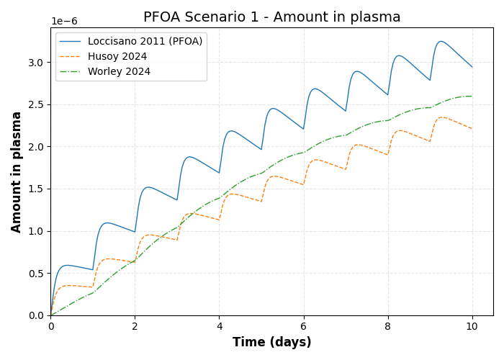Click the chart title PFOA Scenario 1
(x=271, y=17)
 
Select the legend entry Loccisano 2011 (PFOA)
(x=145, y=42)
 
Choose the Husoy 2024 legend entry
(x=117, y=57)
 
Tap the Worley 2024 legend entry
(x=119, y=72)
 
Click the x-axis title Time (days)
(x=271, y=343)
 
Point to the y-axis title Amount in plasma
(x=17, y=171)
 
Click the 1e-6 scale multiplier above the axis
(x=64, y=22)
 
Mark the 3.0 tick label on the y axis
(x=35, y=63)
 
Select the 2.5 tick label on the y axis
(x=35, y=105)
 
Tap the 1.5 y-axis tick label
(x=35, y=189)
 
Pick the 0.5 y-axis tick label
(x=35, y=274)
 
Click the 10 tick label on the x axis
(x=472, y=326)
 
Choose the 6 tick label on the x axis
(x=304, y=326)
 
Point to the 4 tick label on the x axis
(x=220, y=326)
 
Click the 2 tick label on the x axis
(x=135, y=326)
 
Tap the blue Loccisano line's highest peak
(x=441, y=41)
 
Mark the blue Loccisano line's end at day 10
(x=472, y=67)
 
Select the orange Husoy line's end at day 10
(x=472, y=129)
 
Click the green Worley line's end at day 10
(x=472, y=96)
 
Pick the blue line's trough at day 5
(x=261, y=150)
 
